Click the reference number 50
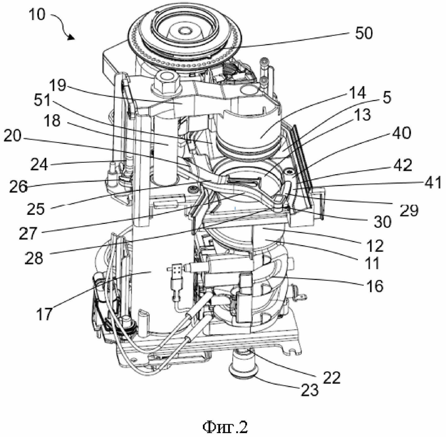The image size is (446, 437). (x=364, y=33)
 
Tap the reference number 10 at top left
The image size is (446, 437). (x=37, y=14)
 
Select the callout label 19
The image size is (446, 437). (x=57, y=85)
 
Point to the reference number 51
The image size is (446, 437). (x=42, y=100)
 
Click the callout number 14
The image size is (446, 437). (x=357, y=93)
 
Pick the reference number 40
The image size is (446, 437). (x=401, y=133)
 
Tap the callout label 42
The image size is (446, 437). (x=403, y=165)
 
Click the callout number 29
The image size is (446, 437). (x=409, y=210)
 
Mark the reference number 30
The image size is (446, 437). (x=383, y=222)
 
